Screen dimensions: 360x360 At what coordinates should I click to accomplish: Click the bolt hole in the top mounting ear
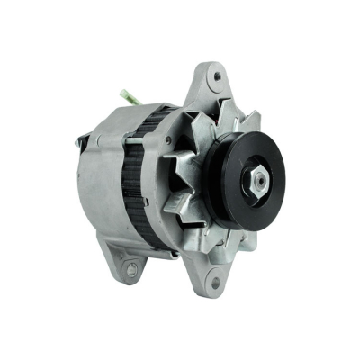(x=217, y=77)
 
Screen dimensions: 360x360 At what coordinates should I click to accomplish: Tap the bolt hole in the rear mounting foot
(x=132, y=268)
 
